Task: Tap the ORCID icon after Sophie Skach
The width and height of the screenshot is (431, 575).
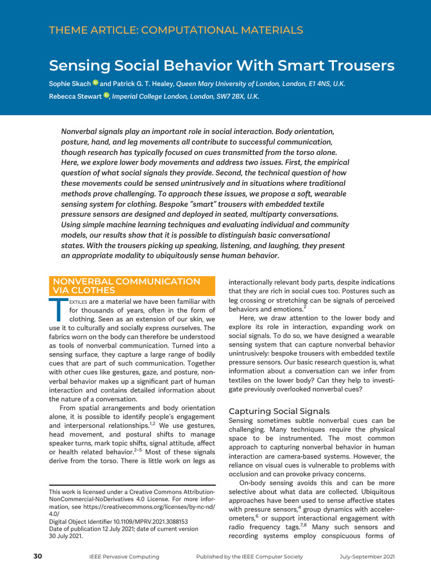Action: pos(95,84)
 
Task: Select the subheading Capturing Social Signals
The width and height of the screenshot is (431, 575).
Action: pos(279,411)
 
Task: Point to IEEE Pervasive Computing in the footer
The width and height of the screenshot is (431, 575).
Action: pos(124,556)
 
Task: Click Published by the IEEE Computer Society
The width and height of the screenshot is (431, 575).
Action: pos(249,556)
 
